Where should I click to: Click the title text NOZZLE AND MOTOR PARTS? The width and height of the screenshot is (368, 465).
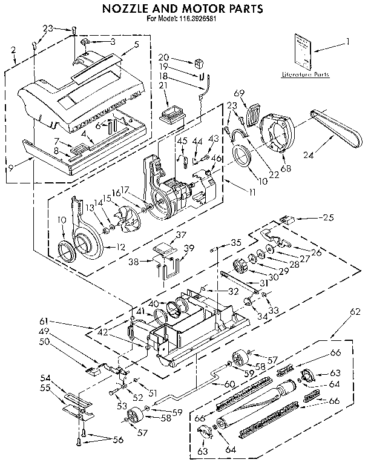pos(181,8)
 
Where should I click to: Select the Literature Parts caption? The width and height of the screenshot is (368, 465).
pos(305,74)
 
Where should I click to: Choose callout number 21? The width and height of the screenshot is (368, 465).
pos(162,85)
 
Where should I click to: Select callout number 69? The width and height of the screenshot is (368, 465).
pos(239,93)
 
